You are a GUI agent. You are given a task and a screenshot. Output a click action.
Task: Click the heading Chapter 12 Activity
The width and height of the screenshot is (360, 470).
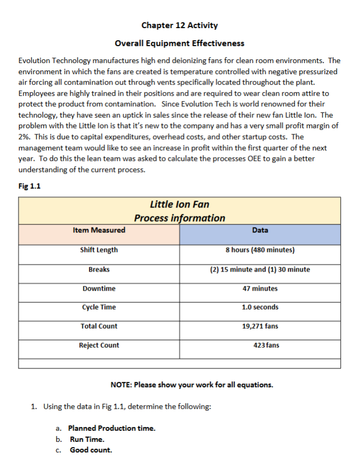coord(179,25)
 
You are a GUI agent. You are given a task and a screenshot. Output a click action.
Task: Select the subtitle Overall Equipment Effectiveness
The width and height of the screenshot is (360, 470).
coord(179,43)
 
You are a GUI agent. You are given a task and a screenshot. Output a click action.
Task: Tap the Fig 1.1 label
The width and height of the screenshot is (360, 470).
coord(29,186)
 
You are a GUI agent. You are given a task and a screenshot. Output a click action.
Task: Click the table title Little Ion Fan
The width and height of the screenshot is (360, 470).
coord(179,204)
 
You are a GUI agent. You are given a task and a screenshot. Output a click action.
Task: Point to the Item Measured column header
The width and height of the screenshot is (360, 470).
coord(99,230)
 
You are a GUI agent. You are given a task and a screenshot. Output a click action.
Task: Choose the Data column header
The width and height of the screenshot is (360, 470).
coord(260,230)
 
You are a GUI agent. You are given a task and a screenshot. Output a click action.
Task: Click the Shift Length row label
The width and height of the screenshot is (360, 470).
coord(99,250)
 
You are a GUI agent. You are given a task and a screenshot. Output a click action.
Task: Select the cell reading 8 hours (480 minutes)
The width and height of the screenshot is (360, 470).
coord(260,250)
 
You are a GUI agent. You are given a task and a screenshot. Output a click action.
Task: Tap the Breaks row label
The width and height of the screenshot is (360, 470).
coord(99,269)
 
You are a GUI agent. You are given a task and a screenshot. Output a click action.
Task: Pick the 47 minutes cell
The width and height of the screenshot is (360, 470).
coord(260,288)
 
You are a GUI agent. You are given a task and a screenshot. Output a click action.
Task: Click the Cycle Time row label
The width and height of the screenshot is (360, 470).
coord(99,308)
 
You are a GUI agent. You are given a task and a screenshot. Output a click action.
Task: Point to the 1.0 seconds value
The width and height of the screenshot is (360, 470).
coord(260,308)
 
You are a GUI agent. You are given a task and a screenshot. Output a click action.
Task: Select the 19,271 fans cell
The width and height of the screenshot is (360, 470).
coord(260,327)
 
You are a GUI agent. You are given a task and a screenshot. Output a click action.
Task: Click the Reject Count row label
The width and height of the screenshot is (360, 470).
coord(99,346)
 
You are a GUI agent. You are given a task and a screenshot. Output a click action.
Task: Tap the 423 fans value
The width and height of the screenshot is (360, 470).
coord(266,346)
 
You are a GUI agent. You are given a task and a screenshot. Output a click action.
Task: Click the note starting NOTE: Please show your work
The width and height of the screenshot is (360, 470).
coord(192,385)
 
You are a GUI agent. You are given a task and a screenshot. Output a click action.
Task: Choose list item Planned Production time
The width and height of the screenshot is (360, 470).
coord(112,428)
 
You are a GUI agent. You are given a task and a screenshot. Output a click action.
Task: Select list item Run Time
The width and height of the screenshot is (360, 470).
coord(87,439)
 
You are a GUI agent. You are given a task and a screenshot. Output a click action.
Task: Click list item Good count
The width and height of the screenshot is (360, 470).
coord(91,450)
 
